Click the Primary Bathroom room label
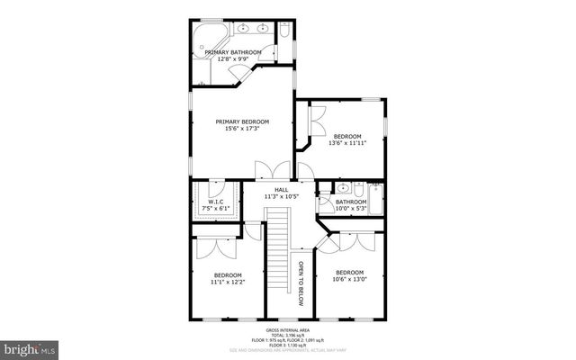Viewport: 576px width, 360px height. pyautogui.click(x=232, y=52)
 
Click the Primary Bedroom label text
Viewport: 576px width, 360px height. pyautogui.click(x=241, y=121)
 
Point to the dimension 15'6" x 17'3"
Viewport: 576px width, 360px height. pyautogui.click(x=241, y=129)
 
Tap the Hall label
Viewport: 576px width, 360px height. pyautogui.click(x=281, y=189)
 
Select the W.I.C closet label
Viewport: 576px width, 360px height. pyautogui.click(x=215, y=202)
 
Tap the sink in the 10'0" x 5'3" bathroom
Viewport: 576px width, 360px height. pyautogui.click(x=342, y=189)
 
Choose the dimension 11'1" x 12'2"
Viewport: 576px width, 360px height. pyautogui.click(x=228, y=282)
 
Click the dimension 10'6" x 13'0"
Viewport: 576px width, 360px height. pyautogui.click(x=349, y=279)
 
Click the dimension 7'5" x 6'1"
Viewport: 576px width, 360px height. pyautogui.click(x=215, y=208)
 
